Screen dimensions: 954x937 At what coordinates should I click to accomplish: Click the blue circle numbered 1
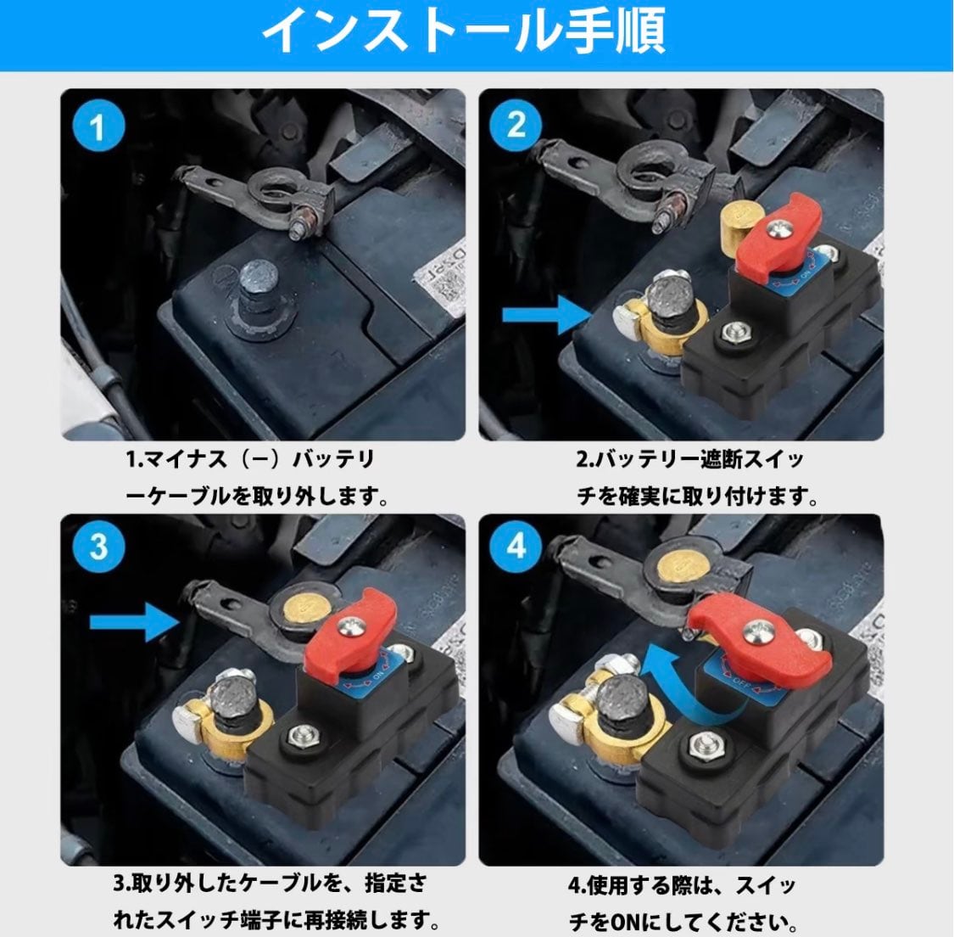98,126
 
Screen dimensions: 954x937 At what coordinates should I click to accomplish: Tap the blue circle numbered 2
516,126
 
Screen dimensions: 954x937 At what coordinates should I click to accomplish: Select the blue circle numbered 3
98,547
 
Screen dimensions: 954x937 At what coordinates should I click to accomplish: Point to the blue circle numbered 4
516,546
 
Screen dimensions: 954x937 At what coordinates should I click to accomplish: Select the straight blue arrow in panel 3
135,621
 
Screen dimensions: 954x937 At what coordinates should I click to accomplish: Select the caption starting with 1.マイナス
255,477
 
